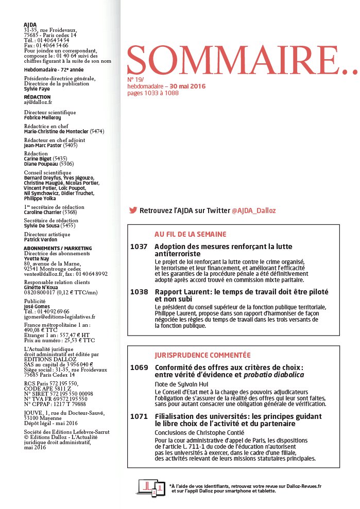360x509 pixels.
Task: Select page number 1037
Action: [x=139, y=247]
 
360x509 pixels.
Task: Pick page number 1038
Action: [x=139, y=292]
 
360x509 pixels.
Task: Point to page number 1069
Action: [x=139, y=367]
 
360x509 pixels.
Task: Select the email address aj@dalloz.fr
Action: [x=35, y=102]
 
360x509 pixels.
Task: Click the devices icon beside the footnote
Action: [x=152, y=487]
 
